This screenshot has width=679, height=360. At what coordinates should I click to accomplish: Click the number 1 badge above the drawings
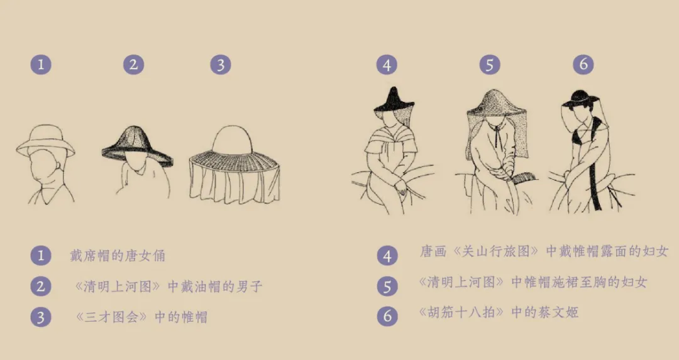click(x=41, y=65)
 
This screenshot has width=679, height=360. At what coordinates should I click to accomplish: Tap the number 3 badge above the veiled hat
click(x=221, y=65)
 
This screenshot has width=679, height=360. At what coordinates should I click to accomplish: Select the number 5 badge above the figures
click(x=490, y=65)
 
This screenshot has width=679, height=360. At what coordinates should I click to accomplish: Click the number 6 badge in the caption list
click(x=387, y=316)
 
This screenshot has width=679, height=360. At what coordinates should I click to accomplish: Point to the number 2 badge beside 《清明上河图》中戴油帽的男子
click(x=41, y=286)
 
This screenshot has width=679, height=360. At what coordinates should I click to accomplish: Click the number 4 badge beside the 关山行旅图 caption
click(x=387, y=256)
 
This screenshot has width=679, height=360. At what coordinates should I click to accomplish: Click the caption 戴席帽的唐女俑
click(x=118, y=256)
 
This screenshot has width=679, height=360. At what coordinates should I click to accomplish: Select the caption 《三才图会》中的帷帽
click(x=141, y=317)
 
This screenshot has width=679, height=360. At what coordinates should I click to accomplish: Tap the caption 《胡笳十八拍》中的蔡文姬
click(x=499, y=312)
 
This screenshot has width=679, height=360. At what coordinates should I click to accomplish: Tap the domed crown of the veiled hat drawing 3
click(x=233, y=139)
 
